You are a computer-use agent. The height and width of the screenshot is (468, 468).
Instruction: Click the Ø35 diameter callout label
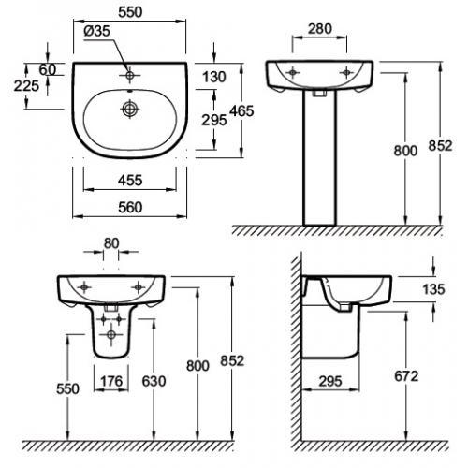(x=97, y=31)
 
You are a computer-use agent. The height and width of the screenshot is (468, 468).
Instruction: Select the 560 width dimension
(x=130, y=208)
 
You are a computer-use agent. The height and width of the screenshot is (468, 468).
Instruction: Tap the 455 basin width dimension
(x=130, y=181)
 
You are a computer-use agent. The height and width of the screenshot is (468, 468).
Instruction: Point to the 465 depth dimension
(x=241, y=111)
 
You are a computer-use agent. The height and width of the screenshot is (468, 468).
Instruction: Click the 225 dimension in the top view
(x=26, y=86)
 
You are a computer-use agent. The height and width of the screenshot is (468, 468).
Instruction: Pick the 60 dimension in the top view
(x=48, y=69)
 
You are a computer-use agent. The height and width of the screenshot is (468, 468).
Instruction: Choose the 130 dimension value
(x=214, y=77)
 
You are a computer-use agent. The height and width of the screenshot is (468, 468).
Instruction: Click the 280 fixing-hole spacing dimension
(x=320, y=29)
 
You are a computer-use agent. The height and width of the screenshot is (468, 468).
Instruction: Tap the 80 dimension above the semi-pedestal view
(x=111, y=243)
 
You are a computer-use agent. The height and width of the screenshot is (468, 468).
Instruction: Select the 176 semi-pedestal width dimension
(x=111, y=381)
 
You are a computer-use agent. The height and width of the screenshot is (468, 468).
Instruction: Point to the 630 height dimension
(x=154, y=381)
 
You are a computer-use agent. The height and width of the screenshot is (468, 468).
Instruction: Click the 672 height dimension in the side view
(x=406, y=376)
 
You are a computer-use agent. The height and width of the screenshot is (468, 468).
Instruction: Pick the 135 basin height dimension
(x=433, y=289)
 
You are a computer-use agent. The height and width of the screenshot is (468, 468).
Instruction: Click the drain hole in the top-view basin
(x=129, y=109)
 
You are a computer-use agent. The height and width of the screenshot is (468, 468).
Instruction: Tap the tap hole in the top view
(x=129, y=75)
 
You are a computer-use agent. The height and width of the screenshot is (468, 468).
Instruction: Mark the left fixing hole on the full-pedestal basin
(x=292, y=73)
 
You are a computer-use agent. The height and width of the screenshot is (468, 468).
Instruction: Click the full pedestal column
(x=320, y=158)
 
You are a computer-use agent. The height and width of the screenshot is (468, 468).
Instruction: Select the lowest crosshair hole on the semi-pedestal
(x=110, y=335)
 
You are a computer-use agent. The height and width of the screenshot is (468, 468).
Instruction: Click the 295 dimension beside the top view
(x=214, y=120)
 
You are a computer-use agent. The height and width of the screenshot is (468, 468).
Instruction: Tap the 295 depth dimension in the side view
(x=330, y=381)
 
